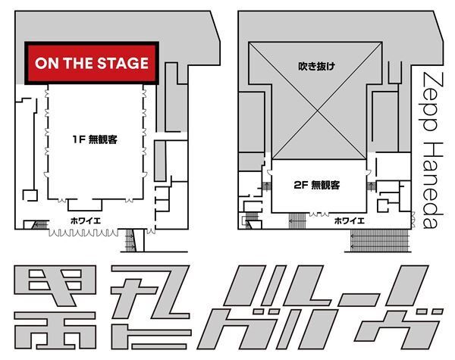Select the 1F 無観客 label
point(94,139)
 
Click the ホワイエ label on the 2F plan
point(350,221)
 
